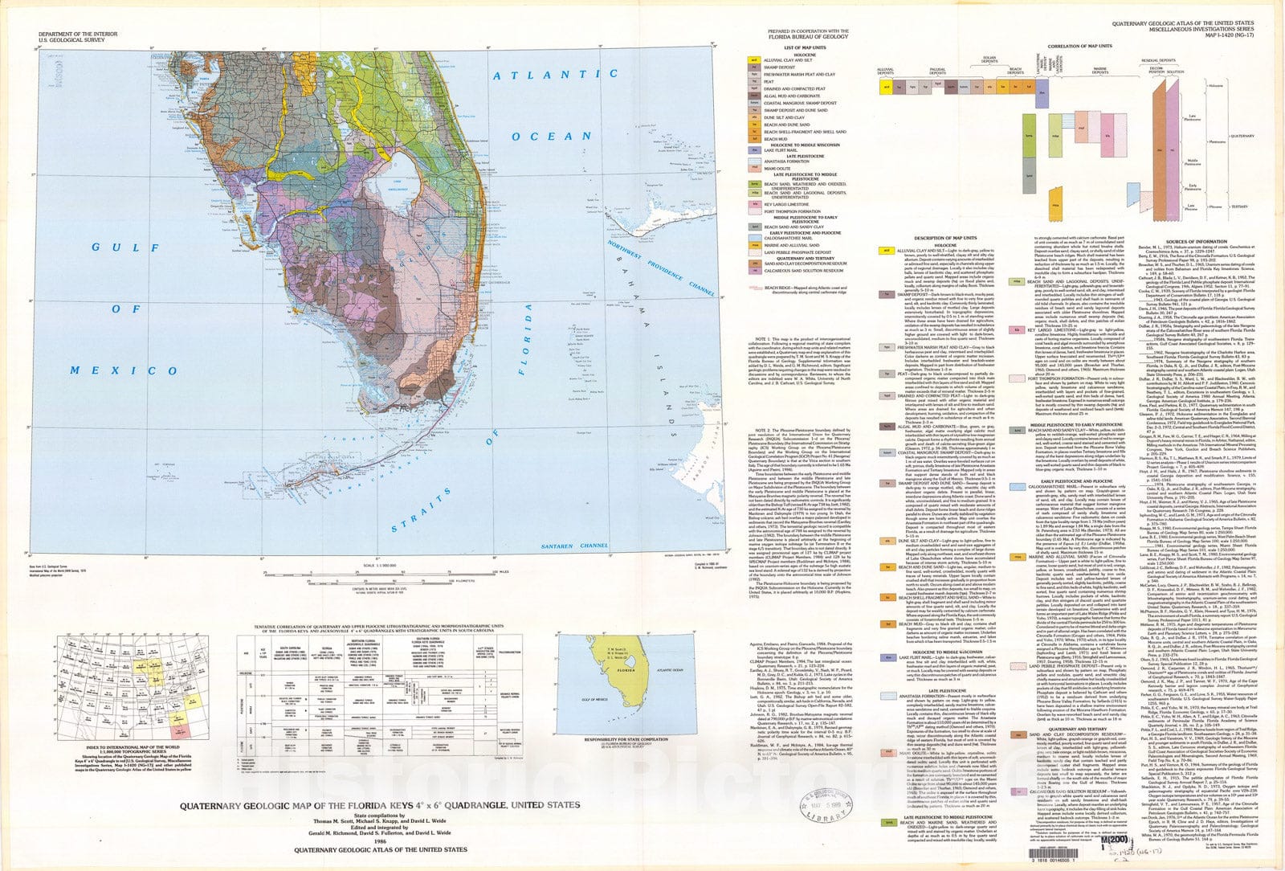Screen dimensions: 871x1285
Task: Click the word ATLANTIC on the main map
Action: pyautogui.click(x=555, y=75)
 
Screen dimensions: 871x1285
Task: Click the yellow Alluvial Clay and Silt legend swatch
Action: pyautogui.click(x=754, y=60)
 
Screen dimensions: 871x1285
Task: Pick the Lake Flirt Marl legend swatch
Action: pyautogui.click(x=754, y=149)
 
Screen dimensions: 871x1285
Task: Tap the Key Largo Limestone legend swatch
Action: pyautogui.click(x=754, y=204)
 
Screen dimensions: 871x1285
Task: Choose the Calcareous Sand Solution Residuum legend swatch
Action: pyautogui.click(x=754, y=271)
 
